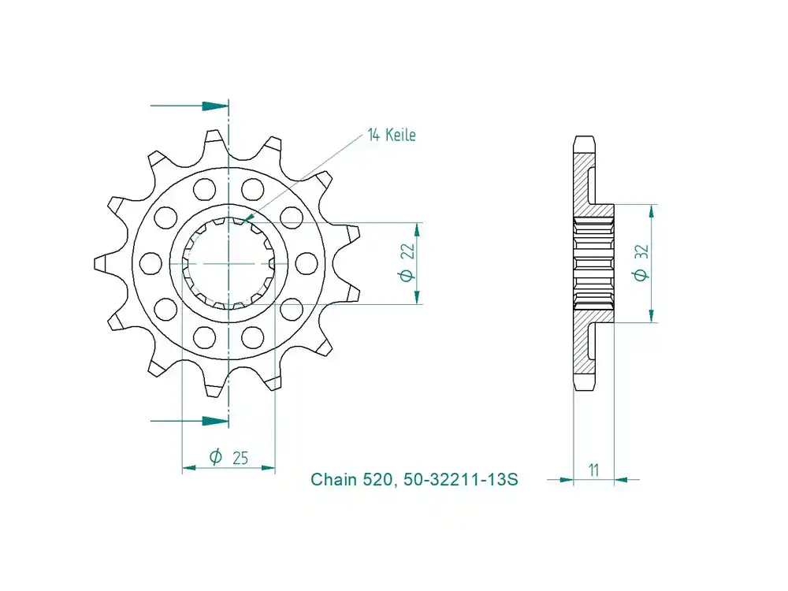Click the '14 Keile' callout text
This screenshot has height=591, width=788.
(x=392, y=136)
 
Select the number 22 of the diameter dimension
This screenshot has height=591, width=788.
(x=407, y=252)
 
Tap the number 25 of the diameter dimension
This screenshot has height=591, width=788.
(x=240, y=456)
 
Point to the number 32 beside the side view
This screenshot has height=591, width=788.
(x=641, y=252)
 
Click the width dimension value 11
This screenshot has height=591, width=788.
(x=593, y=470)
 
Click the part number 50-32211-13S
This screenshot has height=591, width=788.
(x=461, y=479)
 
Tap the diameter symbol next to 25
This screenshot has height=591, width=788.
(x=215, y=456)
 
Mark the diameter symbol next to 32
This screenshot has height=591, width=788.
(x=641, y=274)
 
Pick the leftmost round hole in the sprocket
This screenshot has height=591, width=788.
(x=148, y=262)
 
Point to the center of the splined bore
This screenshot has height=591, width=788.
(x=229, y=262)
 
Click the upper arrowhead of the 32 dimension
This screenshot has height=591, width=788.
(x=652, y=210)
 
